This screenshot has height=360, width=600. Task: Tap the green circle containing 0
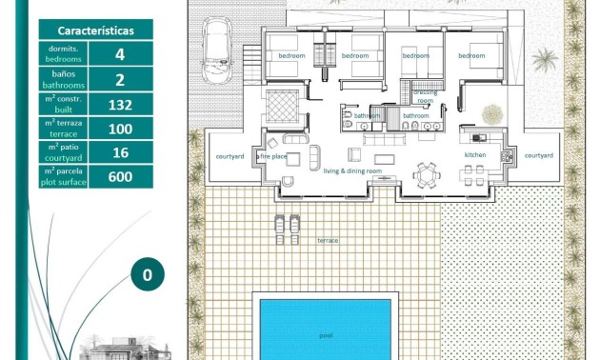coord(147,276)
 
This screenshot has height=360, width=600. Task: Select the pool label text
coord(326,335)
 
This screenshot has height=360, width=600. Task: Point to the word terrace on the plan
coord(328,241)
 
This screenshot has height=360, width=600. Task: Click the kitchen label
coord(475,154)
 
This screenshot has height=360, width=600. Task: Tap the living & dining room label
coord(352,171)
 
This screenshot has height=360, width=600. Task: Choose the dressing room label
coord(425,96)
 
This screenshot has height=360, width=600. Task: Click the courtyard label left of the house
coord(230,155)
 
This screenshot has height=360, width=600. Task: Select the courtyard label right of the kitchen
coord(538,155)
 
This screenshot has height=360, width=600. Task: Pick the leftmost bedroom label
coord(291,56)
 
